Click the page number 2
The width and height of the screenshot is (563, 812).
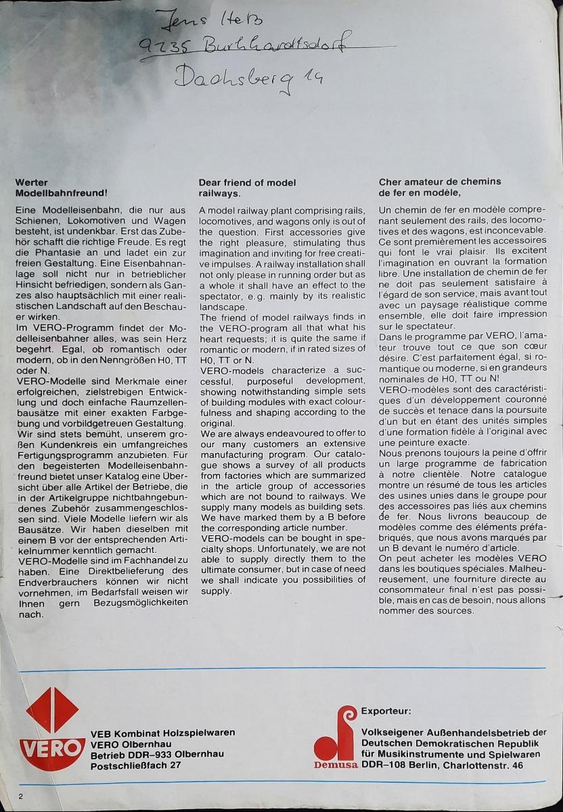21,796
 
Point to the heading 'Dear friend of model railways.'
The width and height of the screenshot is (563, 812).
247,187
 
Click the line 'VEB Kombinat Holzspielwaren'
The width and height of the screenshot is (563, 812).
162,733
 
